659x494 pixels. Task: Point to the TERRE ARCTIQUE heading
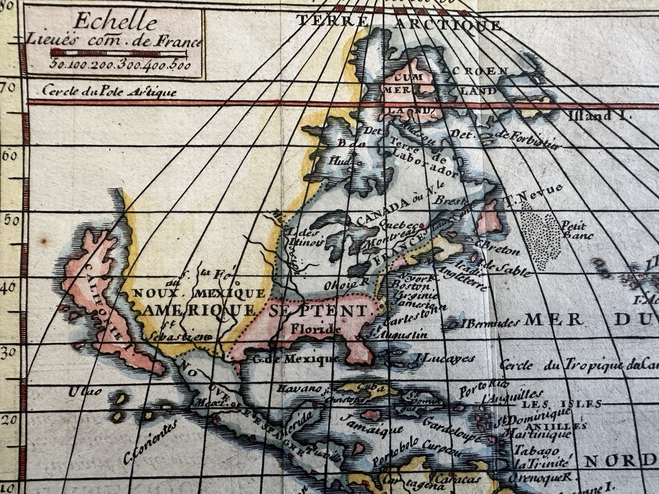click(x=398, y=23)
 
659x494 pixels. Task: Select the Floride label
click(x=313, y=329)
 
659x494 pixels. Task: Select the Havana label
click(x=299, y=389)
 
